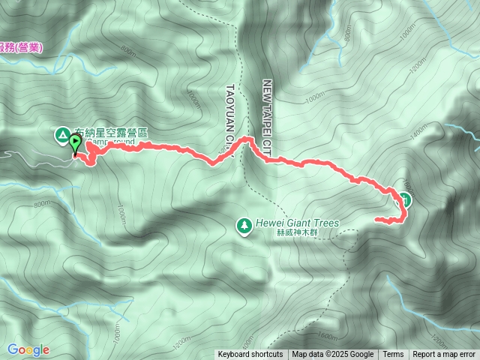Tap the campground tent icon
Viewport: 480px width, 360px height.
tap(61, 135)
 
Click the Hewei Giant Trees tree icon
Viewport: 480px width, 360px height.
tap(244, 224)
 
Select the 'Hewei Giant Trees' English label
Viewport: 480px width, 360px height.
tap(298, 223)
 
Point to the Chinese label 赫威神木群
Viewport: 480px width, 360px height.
tap(298, 232)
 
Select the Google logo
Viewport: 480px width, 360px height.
tap(28, 349)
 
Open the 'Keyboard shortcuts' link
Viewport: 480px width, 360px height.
tap(250, 355)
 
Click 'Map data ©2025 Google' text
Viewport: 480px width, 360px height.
tap(333, 355)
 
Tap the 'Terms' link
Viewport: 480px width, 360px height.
tap(393, 355)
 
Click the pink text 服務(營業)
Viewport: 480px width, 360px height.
tap(22, 47)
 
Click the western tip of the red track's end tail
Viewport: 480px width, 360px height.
tap(376, 219)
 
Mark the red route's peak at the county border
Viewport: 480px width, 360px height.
tap(244, 139)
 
